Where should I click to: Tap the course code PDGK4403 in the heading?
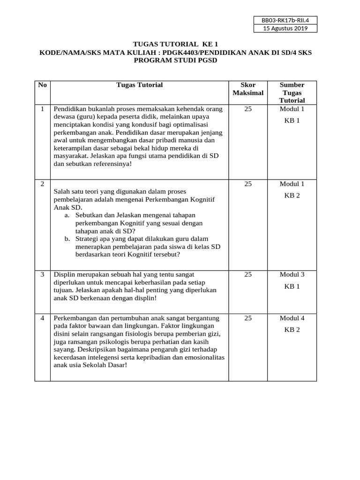tap(180, 53)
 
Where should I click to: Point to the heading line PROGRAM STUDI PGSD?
tap(176, 61)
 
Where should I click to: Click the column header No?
tap(43, 85)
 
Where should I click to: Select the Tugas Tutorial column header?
tap(140, 85)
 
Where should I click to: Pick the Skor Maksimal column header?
tap(248, 89)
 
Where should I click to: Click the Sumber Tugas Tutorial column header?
tap(292, 92)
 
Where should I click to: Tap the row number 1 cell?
tap(43, 109)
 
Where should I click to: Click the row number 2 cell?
tap(43, 184)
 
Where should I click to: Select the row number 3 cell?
tap(43, 274)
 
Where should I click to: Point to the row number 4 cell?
tap(43, 318)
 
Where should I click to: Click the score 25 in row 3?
tap(248, 274)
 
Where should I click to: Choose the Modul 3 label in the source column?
tap(292, 274)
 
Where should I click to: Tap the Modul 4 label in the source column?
tap(292, 318)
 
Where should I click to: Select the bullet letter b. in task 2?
tap(67, 239)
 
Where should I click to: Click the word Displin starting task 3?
tap(64, 274)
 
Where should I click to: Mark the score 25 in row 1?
tap(248, 109)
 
